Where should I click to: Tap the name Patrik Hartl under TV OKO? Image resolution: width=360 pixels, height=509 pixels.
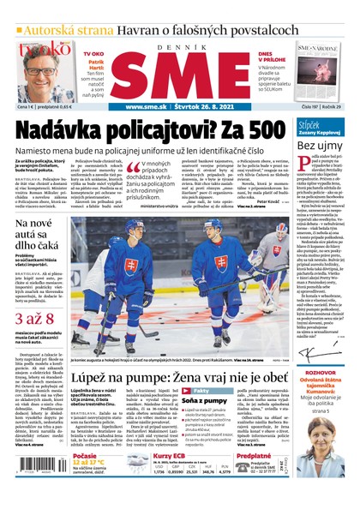(x=95, y=68)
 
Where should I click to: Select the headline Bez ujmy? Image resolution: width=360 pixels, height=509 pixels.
(x=320, y=146)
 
